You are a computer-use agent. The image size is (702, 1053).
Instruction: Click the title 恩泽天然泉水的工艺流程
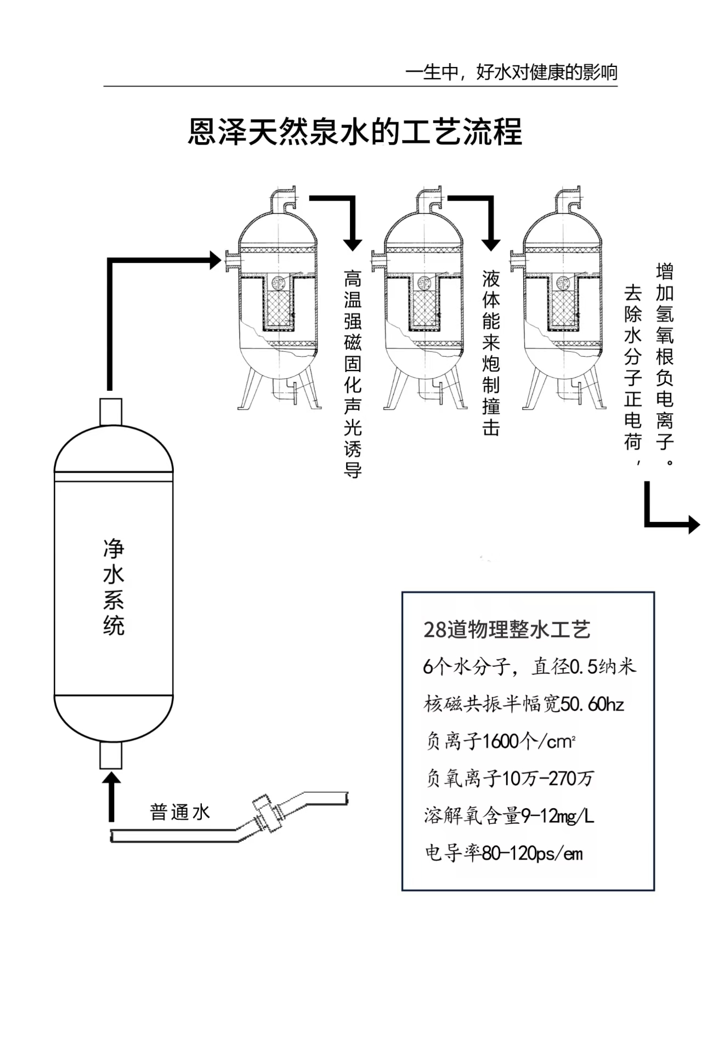click(x=355, y=132)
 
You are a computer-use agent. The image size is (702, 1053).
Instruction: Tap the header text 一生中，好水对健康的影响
click(x=511, y=72)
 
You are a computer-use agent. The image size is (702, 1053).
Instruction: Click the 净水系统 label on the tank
click(x=114, y=587)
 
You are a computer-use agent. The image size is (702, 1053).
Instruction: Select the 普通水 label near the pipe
click(x=180, y=812)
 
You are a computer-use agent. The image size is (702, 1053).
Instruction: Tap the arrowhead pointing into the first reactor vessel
click(x=215, y=260)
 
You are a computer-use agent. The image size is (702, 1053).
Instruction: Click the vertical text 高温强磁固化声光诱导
click(x=353, y=373)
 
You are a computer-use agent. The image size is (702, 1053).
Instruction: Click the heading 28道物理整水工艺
click(x=507, y=629)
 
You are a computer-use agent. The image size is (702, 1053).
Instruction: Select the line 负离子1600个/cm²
click(x=501, y=741)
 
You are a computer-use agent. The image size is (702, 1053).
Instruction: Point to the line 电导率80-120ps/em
click(x=504, y=853)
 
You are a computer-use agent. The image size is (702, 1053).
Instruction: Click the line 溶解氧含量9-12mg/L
click(x=509, y=816)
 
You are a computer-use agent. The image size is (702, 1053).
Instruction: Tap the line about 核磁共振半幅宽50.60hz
click(x=524, y=703)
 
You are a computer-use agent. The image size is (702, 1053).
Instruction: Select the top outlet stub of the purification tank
click(x=110, y=412)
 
